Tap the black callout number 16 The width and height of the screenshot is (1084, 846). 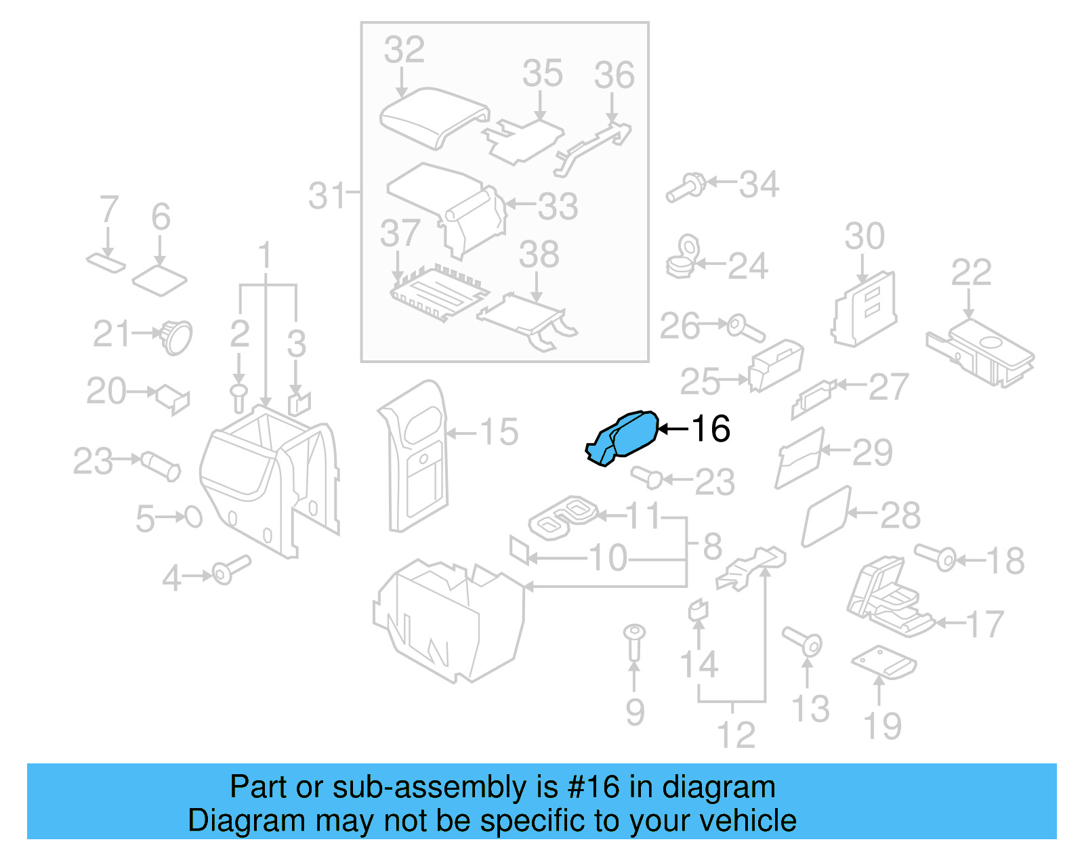click(711, 429)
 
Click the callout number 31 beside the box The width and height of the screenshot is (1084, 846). click(327, 196)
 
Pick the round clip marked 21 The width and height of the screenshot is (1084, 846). click(177, 337)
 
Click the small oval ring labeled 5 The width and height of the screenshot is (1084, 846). click(194, 517)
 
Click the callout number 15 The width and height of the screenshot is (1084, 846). click(499, 432)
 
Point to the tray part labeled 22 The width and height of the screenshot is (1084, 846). click(980, 352)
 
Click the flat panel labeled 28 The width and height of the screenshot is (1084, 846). click(826, 517)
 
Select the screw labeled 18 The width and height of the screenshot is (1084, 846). click(936, 557)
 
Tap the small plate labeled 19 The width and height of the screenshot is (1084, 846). click(883, 661)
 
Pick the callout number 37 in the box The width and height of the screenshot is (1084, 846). click(400, 233)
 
